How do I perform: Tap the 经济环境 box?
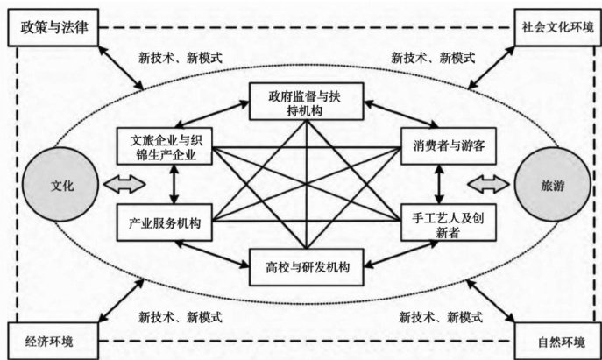54,337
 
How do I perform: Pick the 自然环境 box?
556,337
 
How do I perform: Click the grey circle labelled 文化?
60,186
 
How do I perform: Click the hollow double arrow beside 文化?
121,186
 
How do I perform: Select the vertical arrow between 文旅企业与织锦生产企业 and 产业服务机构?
174,186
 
